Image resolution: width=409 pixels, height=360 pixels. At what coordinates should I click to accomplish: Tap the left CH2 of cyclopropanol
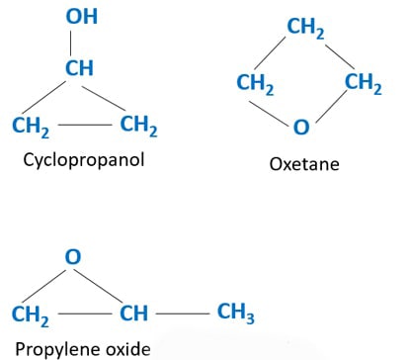click(32, 127)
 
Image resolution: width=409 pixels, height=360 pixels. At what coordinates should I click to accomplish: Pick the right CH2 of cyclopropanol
click(138, 126)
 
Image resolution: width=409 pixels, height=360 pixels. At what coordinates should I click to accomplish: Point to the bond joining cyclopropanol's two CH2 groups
click(85, 126)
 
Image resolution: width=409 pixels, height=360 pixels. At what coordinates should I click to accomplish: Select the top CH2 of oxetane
click(305, 29)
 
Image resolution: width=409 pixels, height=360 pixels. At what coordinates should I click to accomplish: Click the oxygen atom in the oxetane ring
click(301, 128)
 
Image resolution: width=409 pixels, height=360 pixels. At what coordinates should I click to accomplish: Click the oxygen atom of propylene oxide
click(71, 257)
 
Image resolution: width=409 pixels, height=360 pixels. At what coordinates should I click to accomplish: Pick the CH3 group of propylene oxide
click(236, 315)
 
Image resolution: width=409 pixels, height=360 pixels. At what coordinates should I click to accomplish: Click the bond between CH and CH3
click(183, 315)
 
